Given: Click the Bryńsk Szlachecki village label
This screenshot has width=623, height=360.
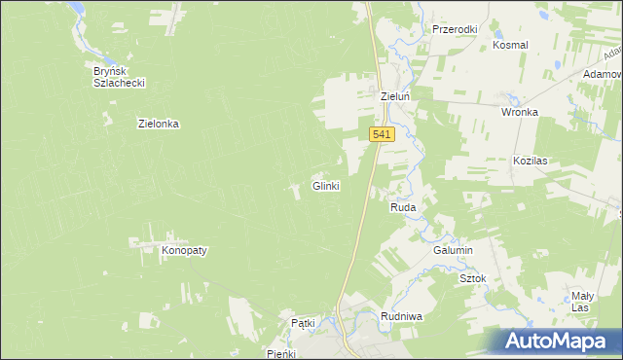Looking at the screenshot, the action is (x=119, y=77).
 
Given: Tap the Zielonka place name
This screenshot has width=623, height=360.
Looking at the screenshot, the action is (x=160, y=124).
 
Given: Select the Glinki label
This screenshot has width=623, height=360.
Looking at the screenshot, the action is (x=325, y=186).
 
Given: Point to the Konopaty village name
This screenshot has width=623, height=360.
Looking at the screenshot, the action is (x=185, y=250).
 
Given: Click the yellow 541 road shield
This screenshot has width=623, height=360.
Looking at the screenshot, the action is (x=383, y=135).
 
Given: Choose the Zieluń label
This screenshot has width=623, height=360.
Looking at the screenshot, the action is (x=397, y=97).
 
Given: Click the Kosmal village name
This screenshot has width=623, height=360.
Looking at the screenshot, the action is (x=510, y=45).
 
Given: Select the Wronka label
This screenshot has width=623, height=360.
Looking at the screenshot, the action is (x=520, y=112).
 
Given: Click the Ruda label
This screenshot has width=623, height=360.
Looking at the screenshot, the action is (x=403, y=208).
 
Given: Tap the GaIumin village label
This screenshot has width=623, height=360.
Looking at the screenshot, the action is (x=453, y=250).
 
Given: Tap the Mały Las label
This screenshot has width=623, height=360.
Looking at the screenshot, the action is (x=581, y=301).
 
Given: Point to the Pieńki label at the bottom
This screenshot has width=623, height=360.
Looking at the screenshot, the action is (x=287, y=353).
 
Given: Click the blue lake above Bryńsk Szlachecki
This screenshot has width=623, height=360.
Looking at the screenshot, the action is (x=75, y=9).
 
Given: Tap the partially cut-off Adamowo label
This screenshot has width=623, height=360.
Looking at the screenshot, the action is (x=603, y=74).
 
